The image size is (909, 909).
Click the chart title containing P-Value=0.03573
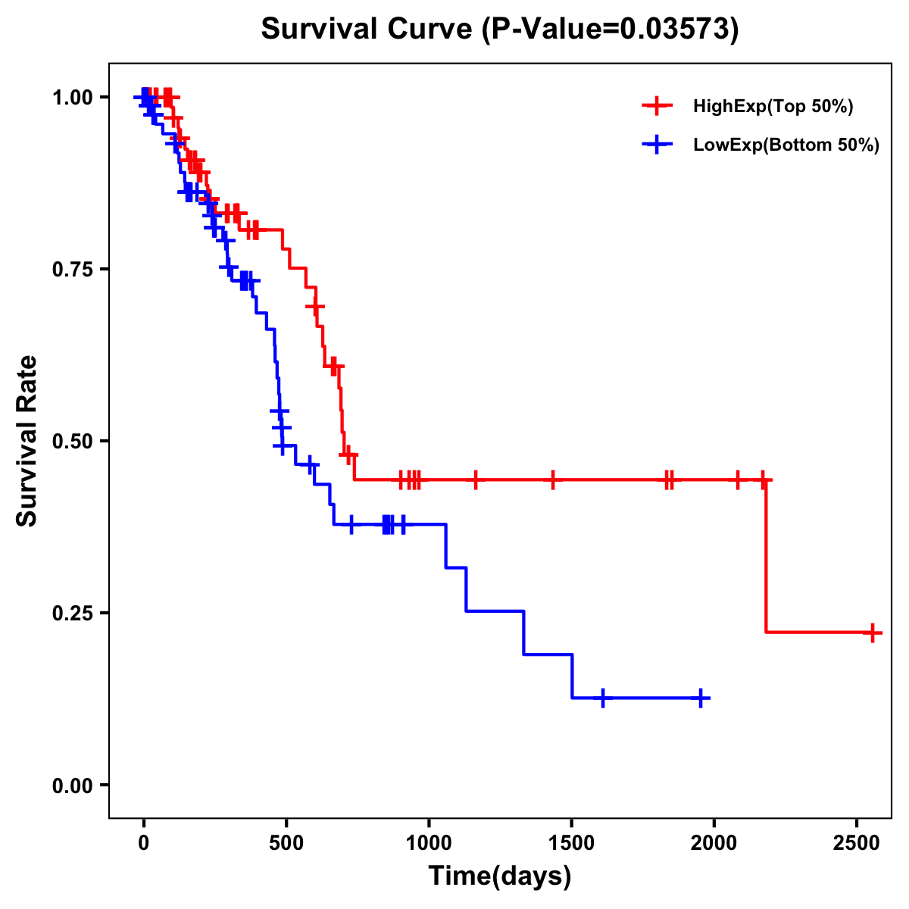pyautogui.click(x=500, y=30)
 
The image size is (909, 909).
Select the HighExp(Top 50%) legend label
pyautogui.click(x=773, y=107)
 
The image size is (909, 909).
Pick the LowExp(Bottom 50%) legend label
pyautogui.click(x=786, y=145)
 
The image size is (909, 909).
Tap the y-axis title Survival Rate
pyautogui.click(x=27, y=441)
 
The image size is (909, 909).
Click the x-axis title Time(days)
pyautogui.click(x=500, y=876)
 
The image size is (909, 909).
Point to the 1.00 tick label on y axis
pyautogui.click(x=73, y=97)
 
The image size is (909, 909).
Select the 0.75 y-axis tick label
pyautogui.click(x=73, y=269)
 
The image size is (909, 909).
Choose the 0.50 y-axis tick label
pyautogui.click(x=73, y=441)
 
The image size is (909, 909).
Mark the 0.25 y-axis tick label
pyautogui.click(x=73, y=613)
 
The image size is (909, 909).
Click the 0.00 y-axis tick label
pyautogui.click(x=73, y=785)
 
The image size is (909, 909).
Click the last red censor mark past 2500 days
pyautogui.click(x=873, y=633)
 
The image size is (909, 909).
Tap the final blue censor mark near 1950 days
pyautogui.click(x=701, y=698)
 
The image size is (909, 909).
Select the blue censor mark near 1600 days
pyautogui.click(x=603, y=698)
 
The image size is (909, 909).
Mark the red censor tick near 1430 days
pyautogui.click(x=553, y=479)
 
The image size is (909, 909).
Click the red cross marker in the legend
pyautogui.click(x=656, y=106)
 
